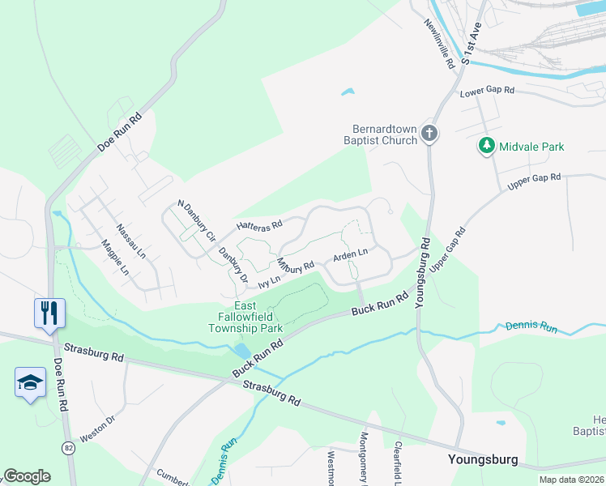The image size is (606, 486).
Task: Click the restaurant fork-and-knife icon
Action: point(49,311)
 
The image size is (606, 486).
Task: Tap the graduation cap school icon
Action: point(30,382)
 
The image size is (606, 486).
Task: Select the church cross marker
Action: point(429,134)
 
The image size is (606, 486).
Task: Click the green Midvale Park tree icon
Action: point(486,147)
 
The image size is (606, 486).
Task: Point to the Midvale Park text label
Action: point(531,147)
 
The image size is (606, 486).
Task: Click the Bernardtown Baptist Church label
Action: point(385,134)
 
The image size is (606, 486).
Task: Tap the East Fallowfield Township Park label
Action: point(245,318)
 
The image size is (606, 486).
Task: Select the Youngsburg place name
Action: point(483,459)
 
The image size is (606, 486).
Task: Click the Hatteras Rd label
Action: point(258,225)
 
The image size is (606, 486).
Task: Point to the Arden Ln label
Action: point(350,256)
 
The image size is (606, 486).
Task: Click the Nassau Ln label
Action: point(130,241)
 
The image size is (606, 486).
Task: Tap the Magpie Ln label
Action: point(114,257)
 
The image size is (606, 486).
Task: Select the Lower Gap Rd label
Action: point(487,92)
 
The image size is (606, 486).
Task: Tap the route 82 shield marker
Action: point(69,447)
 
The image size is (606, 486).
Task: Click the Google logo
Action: point(27,476)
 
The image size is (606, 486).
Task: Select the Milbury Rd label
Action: point(295,266)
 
